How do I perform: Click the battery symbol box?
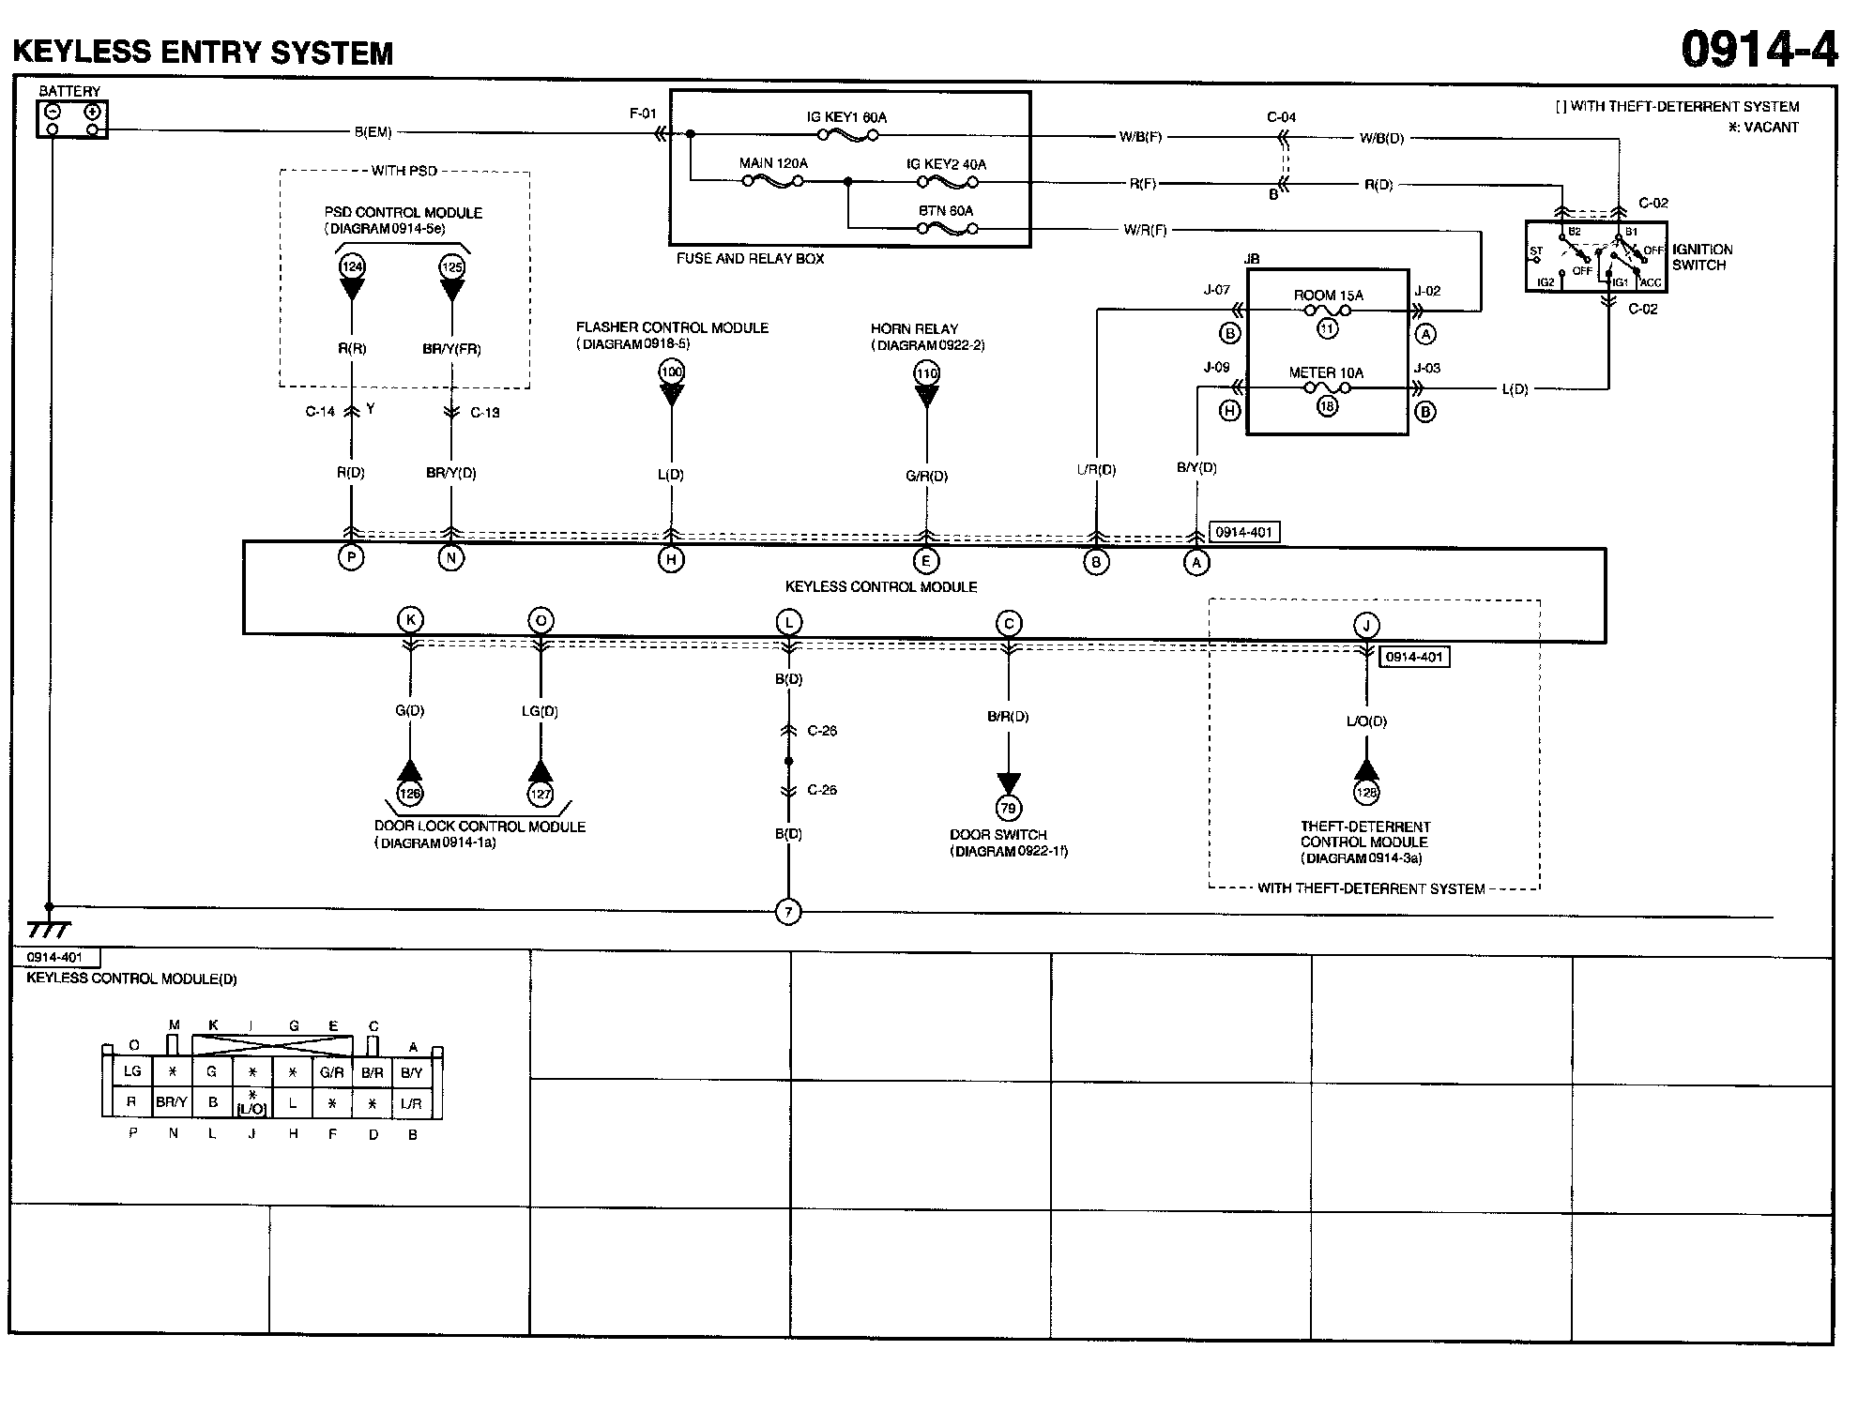tap(72, 120)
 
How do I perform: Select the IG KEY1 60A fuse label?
tap(846, 117)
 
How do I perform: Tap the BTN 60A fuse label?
tap(945, 211)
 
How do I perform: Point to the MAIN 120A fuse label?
tap(773, 163)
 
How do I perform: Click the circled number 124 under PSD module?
tap(352, 267)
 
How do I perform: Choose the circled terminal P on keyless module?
tap(351, 557)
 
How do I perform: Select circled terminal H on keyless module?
tap(671, 560)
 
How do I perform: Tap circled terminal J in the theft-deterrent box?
tap(1366, 626)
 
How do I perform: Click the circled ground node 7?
tap(788, 912)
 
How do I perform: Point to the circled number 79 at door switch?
tap(1009, 808)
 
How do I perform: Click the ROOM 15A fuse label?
tap(1328, 296)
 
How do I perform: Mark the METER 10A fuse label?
tap(1326, 372)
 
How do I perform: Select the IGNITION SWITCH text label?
tap(1701, 257)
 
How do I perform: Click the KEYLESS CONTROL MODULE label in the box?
tap(881, 587)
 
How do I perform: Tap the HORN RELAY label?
tap(914, 329)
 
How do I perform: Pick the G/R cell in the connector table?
tap(331, 1072)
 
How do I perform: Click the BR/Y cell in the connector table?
tap(172, 1102)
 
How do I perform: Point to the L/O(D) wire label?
tap(1366, 721)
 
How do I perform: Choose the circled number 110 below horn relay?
tap(926, 373)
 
